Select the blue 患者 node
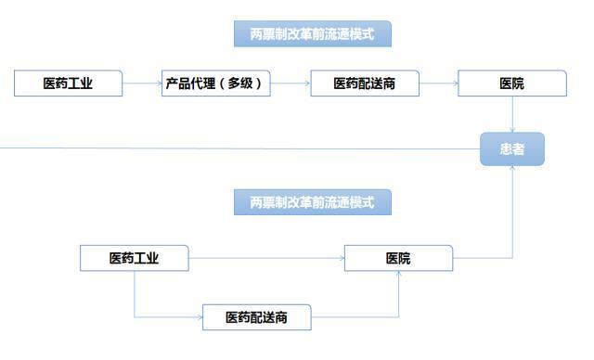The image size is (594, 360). coord(511,148)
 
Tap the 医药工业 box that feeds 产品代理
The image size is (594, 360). coord(69,84)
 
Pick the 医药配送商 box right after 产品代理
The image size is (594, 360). coord(365,84)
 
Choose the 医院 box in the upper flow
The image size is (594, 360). coord(511,84)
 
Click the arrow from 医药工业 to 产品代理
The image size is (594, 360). coord(143,84)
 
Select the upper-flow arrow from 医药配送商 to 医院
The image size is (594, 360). coord(438,84)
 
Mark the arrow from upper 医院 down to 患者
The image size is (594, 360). coord(512,115)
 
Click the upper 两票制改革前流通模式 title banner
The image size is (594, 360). coord(312,35)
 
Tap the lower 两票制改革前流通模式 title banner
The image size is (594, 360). coord(312,201)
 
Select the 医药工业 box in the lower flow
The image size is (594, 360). coord(135,258)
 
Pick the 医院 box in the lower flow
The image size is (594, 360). coord(399,258)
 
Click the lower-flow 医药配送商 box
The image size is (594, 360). coord(256,317)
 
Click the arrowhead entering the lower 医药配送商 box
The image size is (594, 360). coord(200,317)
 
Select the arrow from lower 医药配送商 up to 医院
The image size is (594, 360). coord(399,297)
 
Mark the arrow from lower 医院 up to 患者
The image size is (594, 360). coord(512,213)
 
